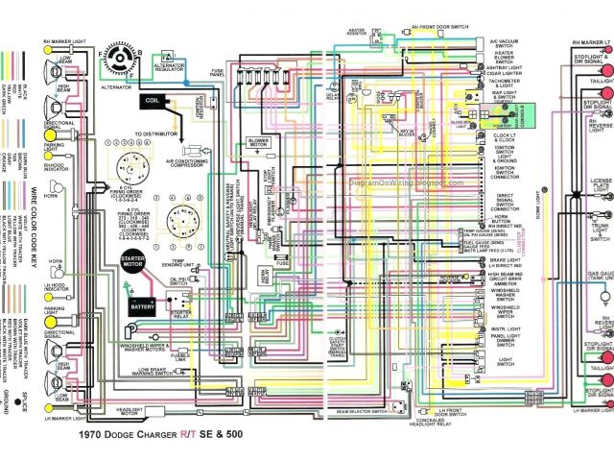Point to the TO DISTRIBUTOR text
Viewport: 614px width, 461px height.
click(x=156, y=133)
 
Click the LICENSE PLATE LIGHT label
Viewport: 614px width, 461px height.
click(x=601, y=185)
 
